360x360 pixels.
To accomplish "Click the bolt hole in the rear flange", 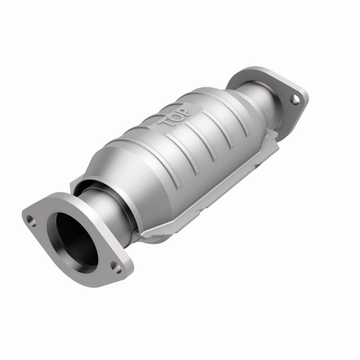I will coord(294,99).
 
